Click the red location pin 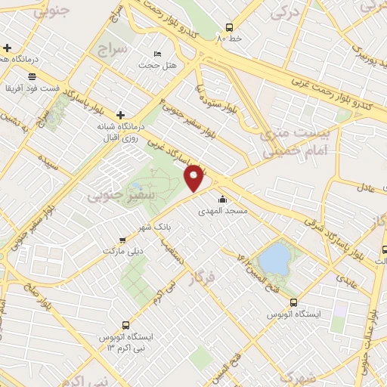coord(194,178)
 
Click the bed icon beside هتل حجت coord(157,54)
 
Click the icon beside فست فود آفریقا coord(32,76)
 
